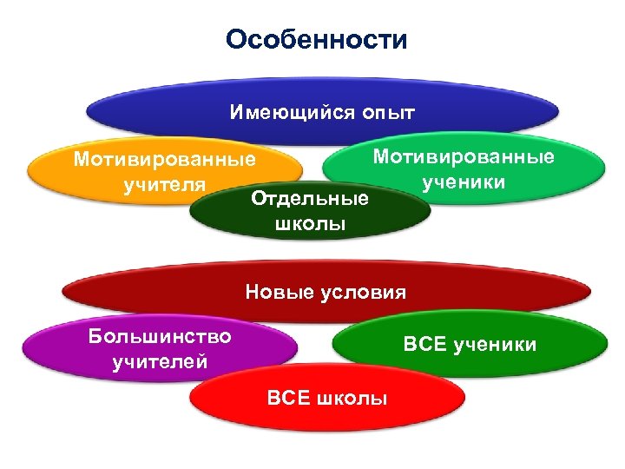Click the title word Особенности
(x=315, y=40)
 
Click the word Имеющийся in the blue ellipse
(x=280, y=113)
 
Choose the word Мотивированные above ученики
(x=463, y=157)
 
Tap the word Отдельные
(x=309, y=200)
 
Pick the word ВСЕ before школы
(x=287, y=399)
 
